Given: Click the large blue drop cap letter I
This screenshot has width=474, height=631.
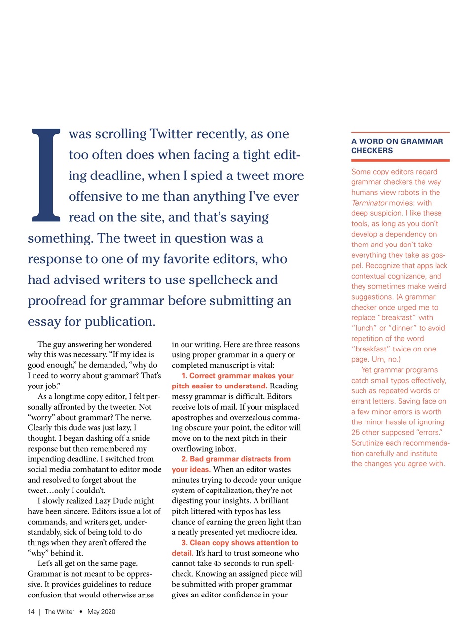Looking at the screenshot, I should (x=46, y=175).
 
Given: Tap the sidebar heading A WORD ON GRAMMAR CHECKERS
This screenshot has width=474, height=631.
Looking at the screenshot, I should (x=397, y=146).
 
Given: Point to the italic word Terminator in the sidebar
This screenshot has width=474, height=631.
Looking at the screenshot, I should (x=369, y=203).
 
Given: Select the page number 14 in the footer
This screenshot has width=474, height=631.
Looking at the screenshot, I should (x=31, y=612).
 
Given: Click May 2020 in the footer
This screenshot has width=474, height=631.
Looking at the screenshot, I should (x=101, y=612).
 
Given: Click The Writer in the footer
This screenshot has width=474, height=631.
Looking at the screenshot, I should (x=59, y=612).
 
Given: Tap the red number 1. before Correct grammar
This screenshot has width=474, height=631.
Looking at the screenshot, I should (x=184, y=376).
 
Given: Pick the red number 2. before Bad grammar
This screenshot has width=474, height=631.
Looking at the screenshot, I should (x=184, y=459).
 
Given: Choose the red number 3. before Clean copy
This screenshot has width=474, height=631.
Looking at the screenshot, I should (x=184, y=543).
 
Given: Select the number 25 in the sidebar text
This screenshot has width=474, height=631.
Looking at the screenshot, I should (x=356, y=433).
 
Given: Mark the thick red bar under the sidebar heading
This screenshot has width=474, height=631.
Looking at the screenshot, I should (x=400, y=160).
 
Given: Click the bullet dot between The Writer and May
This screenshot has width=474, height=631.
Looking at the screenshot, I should (x=81, y=612).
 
